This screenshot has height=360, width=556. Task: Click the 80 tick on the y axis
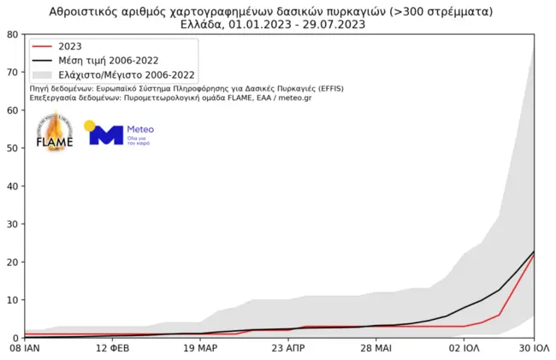[x=12, y=34]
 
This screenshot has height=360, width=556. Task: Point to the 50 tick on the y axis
[x=12, y=148]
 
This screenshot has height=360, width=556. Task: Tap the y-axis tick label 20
[x=12, y=262]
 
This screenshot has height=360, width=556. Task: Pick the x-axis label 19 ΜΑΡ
[x=200, y=349]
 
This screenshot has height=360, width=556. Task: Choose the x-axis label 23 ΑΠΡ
[x=288, y=349]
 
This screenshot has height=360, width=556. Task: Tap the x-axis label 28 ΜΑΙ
[x=376, y=349]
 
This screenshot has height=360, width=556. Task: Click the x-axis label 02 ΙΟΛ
[x=464, y=349]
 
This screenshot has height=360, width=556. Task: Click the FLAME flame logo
[x=54, y=133]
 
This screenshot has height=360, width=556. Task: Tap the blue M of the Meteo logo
[x=107, y=135]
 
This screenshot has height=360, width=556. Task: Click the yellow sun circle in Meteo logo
[x=90, y=127]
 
